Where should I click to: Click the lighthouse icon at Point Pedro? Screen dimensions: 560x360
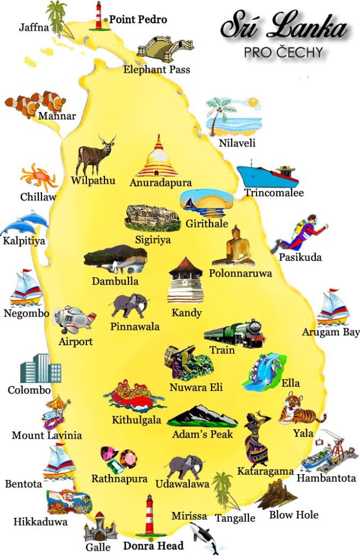point(99,15)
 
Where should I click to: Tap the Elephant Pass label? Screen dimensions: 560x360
point(156,69)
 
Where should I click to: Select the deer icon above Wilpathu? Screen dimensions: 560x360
point(95,155)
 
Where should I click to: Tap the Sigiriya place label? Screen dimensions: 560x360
point(153,240)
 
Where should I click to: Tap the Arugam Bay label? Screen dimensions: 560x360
point(330,332)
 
